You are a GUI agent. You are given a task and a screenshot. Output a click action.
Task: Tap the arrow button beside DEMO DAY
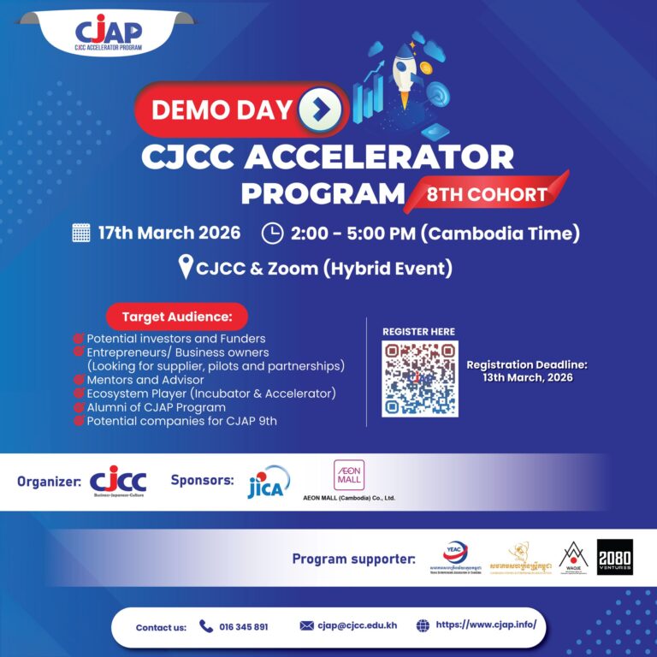point(320,109)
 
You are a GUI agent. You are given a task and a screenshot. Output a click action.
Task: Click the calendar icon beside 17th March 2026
point(81,233)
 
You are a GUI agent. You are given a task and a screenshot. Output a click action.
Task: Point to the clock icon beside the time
point(271,233)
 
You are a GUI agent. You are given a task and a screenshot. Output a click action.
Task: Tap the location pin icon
point(186,268)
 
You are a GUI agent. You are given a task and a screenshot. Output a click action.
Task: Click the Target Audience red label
point(177,317)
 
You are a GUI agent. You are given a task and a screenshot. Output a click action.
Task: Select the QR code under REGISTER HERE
point(420,378)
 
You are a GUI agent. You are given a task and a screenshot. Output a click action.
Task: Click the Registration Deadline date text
point(527,378)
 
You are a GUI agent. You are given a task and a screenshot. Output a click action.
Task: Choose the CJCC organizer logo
point(118,481)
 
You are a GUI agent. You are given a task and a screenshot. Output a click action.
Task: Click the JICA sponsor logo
point(268,482)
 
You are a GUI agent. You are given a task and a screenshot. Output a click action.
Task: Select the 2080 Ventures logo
point(614,557)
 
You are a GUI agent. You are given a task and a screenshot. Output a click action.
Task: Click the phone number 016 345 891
point(245,627)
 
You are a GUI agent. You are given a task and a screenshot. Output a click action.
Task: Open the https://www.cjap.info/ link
point(486,624)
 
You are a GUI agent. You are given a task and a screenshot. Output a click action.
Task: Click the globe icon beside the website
point(423,625)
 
